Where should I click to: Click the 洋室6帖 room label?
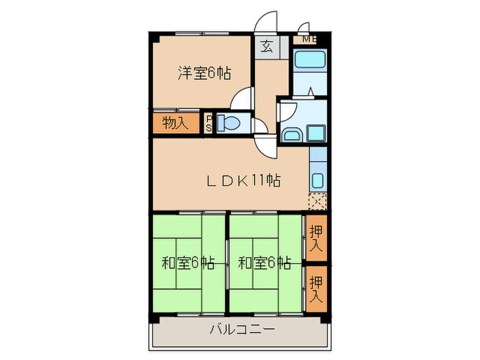204,73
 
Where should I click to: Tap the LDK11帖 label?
243,181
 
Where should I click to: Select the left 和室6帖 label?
187,263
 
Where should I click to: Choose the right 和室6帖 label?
264,263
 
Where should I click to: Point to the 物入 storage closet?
175,123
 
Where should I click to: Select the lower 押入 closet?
316,288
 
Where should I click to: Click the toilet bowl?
228,124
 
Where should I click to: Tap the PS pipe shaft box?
209,123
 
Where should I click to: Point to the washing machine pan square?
316,132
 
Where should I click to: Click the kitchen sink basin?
318,181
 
